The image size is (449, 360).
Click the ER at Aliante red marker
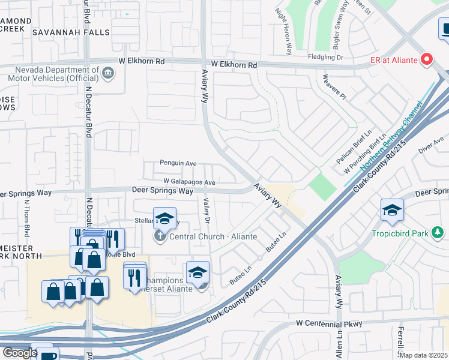(427, 59)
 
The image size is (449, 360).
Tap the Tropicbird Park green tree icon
(439, 232)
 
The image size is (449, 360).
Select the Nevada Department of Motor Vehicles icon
(108, 73)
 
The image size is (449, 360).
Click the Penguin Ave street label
(178, 163)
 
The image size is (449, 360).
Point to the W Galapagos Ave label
(189, 182)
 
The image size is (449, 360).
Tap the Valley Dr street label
(206, 211)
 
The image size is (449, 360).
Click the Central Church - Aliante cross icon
(160, 236)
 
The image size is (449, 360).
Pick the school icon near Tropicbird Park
(392, 210)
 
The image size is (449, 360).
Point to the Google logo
(19, 353)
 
